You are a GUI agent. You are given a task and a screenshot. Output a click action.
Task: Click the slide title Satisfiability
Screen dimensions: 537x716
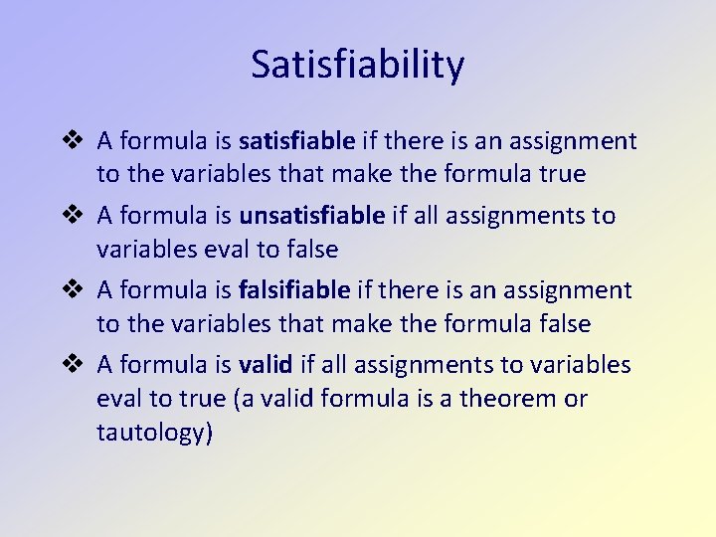point(357,66)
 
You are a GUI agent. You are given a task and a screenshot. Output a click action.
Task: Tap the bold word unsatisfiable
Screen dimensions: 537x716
point(311,216)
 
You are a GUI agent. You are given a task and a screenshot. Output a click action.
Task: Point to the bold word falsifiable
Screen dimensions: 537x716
point(294,290)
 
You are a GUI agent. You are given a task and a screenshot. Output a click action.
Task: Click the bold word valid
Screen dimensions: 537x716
point(265,365)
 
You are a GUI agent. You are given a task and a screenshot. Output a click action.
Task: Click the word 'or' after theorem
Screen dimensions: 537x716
point(576,399)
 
